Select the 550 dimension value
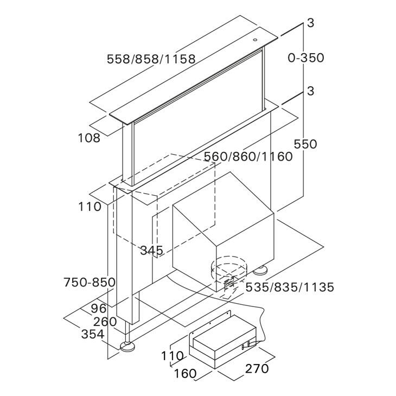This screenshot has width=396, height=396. (x=305, y=144)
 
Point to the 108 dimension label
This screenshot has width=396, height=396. (x=90, y=138)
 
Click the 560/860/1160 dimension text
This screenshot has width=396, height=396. (x=248, y=157)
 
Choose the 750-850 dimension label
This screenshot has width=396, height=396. (x=90, y=282)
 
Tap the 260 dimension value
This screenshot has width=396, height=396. (x=105, y=321)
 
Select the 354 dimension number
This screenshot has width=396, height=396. (x=93, y=334)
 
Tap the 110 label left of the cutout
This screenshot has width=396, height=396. (x=90, y=207)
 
